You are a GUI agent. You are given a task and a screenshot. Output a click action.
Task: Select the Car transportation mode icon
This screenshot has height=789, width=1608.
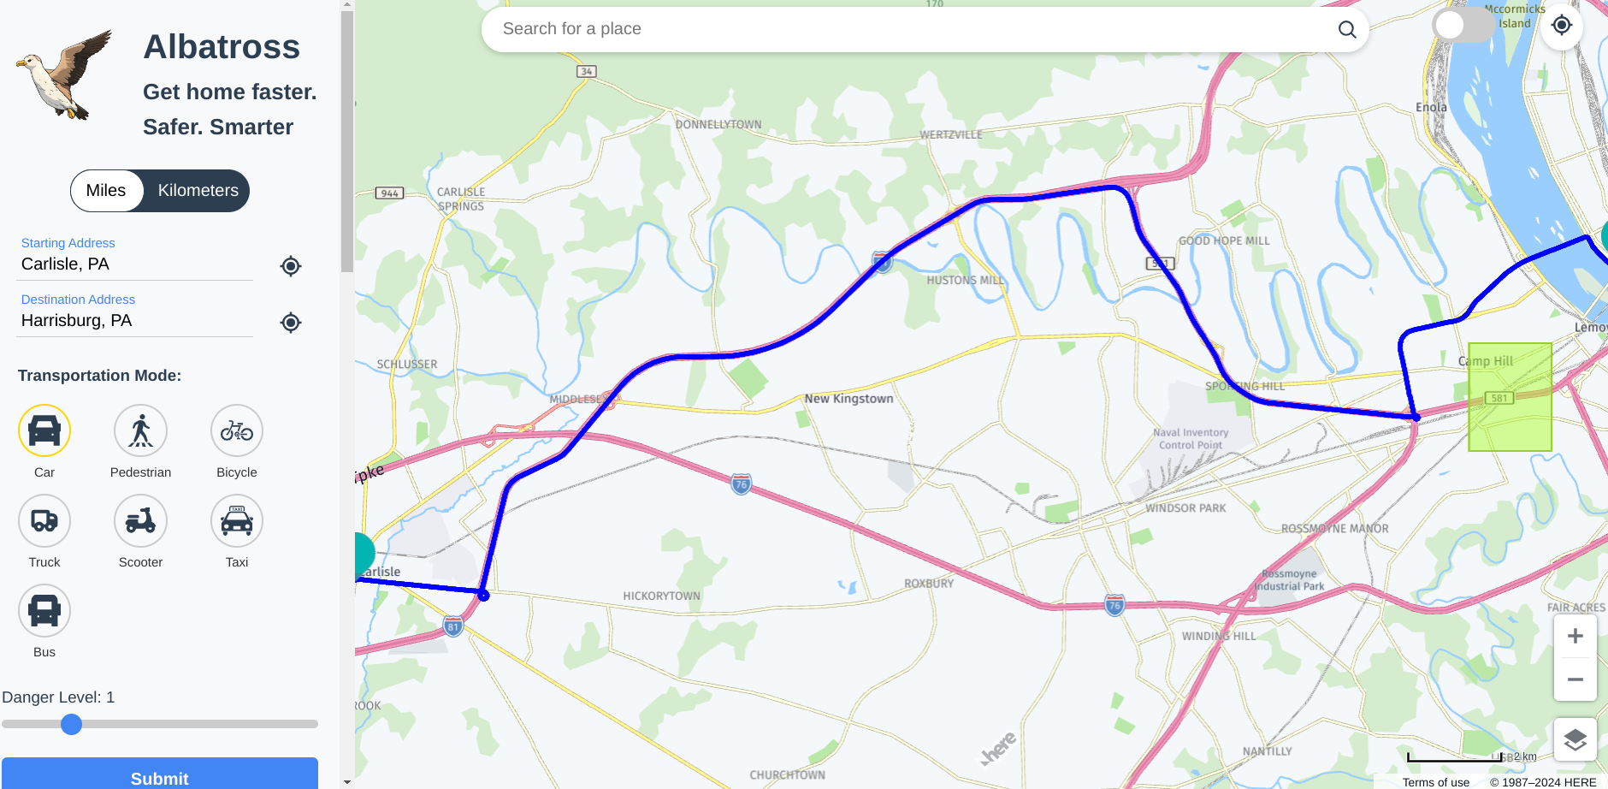pos(44,430)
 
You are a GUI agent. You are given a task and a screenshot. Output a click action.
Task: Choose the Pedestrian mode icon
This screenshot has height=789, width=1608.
pos(140,430)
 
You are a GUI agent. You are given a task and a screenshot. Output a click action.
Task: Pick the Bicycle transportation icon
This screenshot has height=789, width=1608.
pos(237,430)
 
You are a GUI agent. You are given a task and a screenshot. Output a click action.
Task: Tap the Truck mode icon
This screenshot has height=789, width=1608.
pos(44,520)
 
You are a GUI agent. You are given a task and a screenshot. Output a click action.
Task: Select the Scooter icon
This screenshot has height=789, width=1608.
pos(140,520)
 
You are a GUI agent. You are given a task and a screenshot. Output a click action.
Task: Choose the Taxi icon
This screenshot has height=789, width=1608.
pos(237,520)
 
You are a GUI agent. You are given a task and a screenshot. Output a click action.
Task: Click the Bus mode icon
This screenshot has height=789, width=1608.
pos(44,610)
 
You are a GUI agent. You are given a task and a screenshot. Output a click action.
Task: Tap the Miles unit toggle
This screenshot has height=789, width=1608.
pos(106,191)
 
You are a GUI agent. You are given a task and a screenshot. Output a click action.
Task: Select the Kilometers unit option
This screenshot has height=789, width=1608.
pos(198,191)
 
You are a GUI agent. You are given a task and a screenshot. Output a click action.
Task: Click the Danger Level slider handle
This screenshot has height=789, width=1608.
pos(72,725)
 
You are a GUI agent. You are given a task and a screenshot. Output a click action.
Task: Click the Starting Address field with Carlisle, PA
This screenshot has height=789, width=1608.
pos(135,264)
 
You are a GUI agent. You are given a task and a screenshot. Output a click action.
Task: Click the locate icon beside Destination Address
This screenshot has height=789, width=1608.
pos(291,323)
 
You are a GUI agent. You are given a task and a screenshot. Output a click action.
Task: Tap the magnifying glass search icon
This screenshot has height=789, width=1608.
pos(1347,30)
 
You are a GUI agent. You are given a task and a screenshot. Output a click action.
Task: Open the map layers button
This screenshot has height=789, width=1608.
pos(1575,740)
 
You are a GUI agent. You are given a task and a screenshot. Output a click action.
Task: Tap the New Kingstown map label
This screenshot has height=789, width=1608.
pos(848,399)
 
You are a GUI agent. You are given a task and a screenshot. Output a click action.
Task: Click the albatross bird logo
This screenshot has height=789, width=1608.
pos(65,75)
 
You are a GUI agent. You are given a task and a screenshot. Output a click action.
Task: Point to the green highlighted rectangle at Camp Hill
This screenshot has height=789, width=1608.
pos(1510,397)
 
